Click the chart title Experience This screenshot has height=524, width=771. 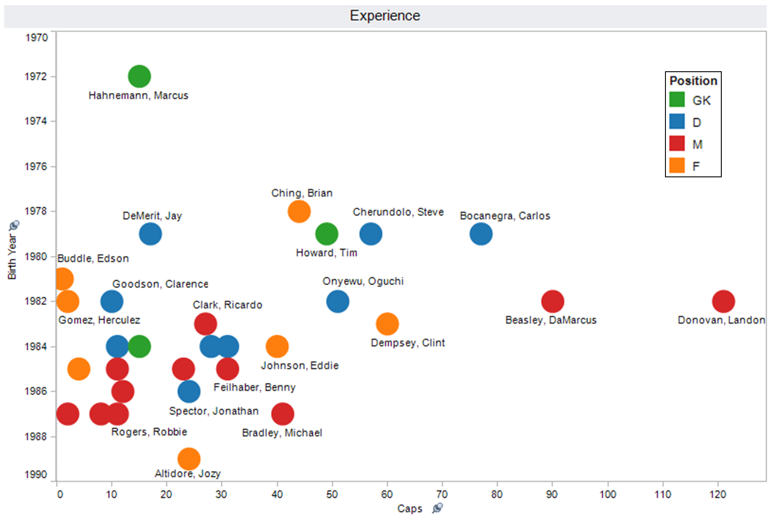(385, 16)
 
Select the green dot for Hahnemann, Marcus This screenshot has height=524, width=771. (139, 77)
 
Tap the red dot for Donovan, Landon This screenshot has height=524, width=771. (723, 301)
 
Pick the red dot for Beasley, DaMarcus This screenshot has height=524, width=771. (552, 301)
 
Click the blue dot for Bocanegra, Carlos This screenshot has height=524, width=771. (481, 234)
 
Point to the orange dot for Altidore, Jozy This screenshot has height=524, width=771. (189, 459)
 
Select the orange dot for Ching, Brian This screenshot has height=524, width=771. (299, 211)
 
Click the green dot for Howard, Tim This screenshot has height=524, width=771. (326, 234)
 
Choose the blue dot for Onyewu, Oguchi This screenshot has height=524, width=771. (338, 301)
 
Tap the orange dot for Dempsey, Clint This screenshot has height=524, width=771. (387, 324)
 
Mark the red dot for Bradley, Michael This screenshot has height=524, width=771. (282, 414)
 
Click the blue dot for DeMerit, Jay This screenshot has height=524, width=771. (150, 234)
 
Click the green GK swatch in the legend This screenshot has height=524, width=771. (677, 99)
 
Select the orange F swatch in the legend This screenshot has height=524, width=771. (677, 165)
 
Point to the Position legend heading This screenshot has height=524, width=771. (693, 81)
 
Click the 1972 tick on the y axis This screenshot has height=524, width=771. (36, 77)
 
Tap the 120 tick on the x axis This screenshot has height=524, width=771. (717, 495)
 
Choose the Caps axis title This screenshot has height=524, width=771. (409, 509)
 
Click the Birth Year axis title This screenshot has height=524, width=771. (12, 257)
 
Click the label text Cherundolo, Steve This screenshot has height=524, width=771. (398, 212)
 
